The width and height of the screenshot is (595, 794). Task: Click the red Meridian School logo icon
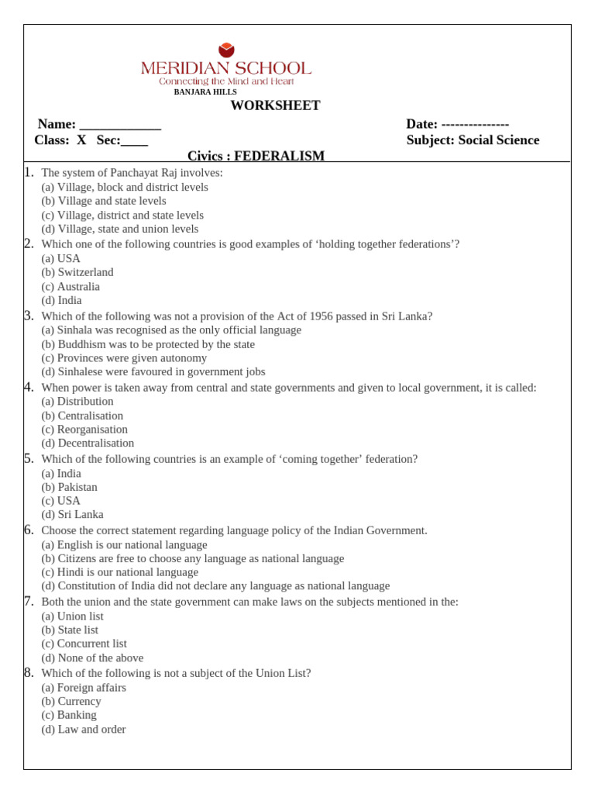(x=226, y=50)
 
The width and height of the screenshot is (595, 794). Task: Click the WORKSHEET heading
(x=275, y=106)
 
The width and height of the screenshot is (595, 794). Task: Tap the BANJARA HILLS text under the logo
(x=205, y=92)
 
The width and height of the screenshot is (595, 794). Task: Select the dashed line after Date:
(x=475, y=125)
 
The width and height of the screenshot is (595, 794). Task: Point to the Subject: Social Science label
(x=473, y=140)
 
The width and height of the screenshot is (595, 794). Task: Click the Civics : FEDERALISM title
(x=256, y=156)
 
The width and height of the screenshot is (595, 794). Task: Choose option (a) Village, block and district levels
(x=125, y=187)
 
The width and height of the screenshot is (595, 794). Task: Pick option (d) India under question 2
(x=61, y=300)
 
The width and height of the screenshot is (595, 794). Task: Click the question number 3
(x=29, y=316)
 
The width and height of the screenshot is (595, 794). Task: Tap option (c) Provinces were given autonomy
(x=124, y=358)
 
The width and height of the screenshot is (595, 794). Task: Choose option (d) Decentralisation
(x=88, y=444)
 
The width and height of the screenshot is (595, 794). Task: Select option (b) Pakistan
(x=70, y=487)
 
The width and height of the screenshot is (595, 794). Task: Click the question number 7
(x=29, y=601)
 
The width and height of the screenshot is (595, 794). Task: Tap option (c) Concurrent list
(x=84, y=644)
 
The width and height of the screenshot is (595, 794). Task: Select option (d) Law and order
(x=84, y=729)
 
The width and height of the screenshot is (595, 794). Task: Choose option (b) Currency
(x=71, y=701)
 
